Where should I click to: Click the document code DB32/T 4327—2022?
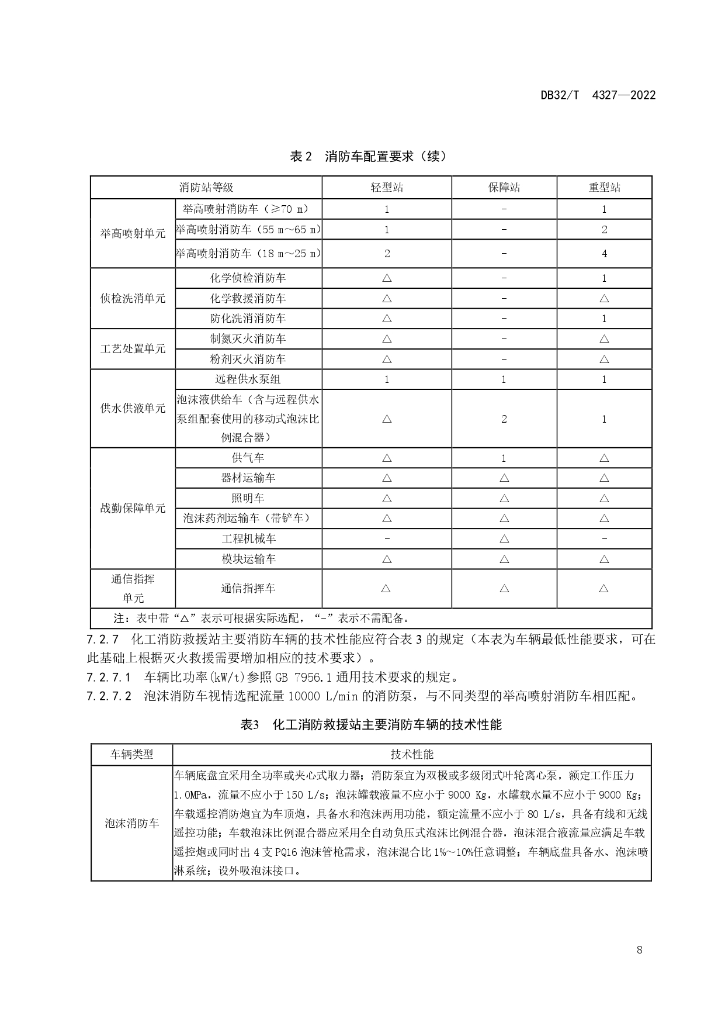pyautogui.click(x=598, y=95)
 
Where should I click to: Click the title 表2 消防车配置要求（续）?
pyautogui.click(x=369, y=157)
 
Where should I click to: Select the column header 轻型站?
pyautogui.click(x=387, y=188)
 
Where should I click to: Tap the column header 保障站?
pyautogui.click(x=504, y=188)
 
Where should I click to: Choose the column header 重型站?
pyautogui.click(x=604, y=188)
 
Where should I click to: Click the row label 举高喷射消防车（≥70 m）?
pyautogui.click(x=248, y=209)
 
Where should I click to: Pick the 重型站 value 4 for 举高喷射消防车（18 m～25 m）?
pyautogui.click(x=604, y=254)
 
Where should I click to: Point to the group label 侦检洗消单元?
pyautogui.click(x=133, y=298)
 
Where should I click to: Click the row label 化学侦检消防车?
pyautogui.click(x=248, y=278)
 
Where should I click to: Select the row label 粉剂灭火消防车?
pyautogui.click(x=248, y=359)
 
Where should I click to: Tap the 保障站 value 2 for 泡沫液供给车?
pyautogui.click(x=504, y=419)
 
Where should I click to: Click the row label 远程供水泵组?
pyautogui.click(x=248, y=379)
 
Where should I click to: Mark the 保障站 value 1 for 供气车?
pyautogui.click(x=504, y=458)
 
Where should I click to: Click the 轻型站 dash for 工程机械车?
pyautogui.click(x=387, y=538)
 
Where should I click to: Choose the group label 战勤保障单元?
pyautogui.click(x=133, y=508)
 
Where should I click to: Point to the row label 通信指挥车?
pyautogui.click(x=248, y=588)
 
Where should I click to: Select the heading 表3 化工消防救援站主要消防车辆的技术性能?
pyautogui.click(x=371, y=725)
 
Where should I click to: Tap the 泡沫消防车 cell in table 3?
pyautogui.click(x=132, y=823)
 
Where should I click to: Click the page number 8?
pyautogui.click(x=640, y=950)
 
